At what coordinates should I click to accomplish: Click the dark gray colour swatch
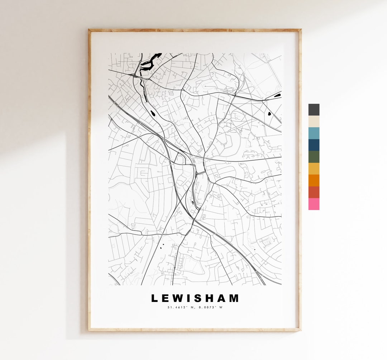(314, 110)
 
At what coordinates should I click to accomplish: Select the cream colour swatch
(314, 121)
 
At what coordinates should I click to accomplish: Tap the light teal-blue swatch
(314, 133)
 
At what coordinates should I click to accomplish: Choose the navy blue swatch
(314, 145)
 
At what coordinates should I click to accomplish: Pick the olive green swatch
(314, 157)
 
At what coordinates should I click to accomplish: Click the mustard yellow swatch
(314, 169)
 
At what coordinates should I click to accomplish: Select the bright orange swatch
(314, 180)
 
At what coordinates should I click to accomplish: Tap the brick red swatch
(314, 192)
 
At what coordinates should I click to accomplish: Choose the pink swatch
(314, 204)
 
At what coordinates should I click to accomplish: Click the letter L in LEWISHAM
(154, 298)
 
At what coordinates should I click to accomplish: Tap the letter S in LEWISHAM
(200, 298)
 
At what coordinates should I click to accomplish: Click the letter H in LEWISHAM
(211, 298)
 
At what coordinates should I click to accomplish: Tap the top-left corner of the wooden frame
(89, 30)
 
